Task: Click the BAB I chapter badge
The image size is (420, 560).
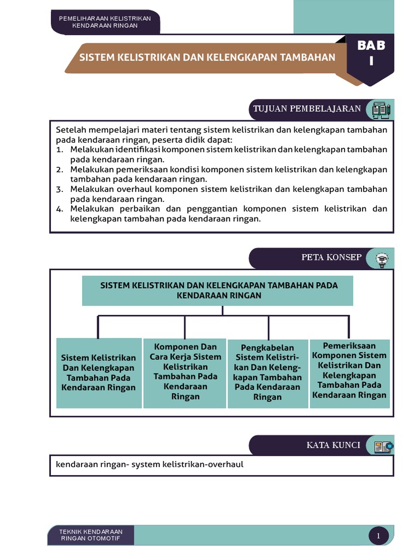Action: click(x=371, y=53)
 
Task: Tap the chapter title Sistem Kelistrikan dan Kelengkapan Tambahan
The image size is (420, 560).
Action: click(x=208, y=57)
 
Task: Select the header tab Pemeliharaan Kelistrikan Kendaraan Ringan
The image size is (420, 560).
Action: click(x=105, y=22)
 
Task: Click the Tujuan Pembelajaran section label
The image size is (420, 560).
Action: click(x=306, y=108)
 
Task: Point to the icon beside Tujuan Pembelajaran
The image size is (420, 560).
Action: click(x=381, y=109)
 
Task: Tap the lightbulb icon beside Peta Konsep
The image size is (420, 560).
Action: click(x=381, y=258)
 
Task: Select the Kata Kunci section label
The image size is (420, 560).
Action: click(x=333, y=445)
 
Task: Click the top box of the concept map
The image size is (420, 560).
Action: click(x=218, y=290)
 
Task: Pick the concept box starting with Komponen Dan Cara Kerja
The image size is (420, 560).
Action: click(x=185, y=372)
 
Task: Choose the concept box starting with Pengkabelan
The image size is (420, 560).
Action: click(x=267, y=372)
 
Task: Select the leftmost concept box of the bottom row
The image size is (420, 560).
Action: click(x=98, y=372)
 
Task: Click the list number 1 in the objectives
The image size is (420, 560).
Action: click(x=60, y=150)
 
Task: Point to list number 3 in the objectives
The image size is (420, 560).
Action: click(x=60, y=189)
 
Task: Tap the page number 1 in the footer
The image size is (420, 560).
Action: click(x=378, y=536)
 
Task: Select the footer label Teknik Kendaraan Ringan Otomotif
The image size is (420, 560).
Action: click(x=91, y=535)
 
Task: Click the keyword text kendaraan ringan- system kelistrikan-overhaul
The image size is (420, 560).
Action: click(x=149, y=465)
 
